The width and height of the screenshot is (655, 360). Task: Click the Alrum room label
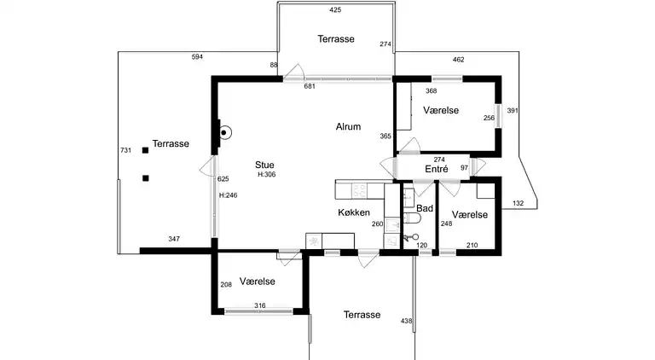(348, 126)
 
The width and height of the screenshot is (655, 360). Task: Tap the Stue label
(264, 165)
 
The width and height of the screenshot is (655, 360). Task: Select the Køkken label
(354, 212)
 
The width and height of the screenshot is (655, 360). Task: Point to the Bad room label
(425, 208)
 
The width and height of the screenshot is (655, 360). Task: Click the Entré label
(437, 169)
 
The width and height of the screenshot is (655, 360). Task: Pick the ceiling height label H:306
(266, 175)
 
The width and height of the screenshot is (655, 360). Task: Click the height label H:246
(228, 195)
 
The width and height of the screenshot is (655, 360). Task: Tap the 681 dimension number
(310, 86)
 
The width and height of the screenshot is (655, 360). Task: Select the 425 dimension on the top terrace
(335, 10)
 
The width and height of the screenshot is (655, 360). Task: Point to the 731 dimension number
(125, 150)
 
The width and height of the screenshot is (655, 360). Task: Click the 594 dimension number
(197, 57)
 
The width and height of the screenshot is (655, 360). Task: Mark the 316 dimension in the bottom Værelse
(260, 305)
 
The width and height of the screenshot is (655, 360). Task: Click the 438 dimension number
(406, 321)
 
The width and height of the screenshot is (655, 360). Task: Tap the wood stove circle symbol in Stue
(225, 133)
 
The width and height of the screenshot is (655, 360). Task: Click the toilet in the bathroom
(411, 218)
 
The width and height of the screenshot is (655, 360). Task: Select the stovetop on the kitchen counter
(359, 191)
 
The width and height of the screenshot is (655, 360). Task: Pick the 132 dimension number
(518, 203)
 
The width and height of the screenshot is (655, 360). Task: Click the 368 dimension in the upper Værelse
(431, 91)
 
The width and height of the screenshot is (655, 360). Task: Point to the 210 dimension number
(472, 245)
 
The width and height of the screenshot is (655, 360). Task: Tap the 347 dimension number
(174, 239)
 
